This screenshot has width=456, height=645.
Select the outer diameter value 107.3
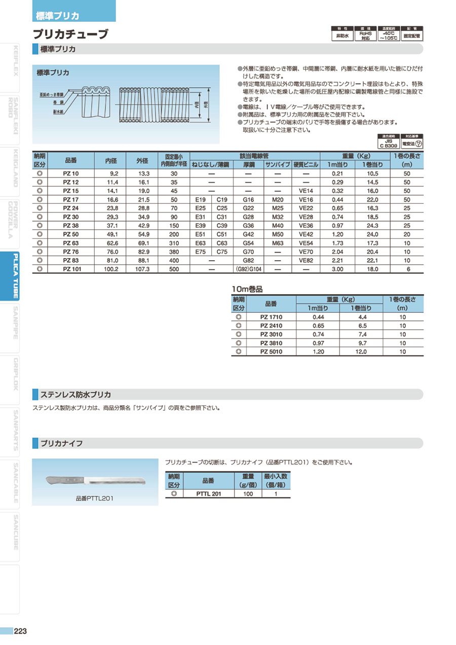(142, 270)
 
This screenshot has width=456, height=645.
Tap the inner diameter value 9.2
(113, 173)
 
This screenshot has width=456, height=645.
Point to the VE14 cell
(306, 191)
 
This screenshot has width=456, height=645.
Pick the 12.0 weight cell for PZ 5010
(359, 351)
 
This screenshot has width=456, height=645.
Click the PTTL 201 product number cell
(208, 493)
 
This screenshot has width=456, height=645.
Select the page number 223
(21, 631)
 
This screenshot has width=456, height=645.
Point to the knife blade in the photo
(117, 480)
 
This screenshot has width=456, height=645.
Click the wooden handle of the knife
(64, 479)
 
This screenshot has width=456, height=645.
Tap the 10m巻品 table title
(247, 289)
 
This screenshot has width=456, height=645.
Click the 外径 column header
(142, 161)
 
